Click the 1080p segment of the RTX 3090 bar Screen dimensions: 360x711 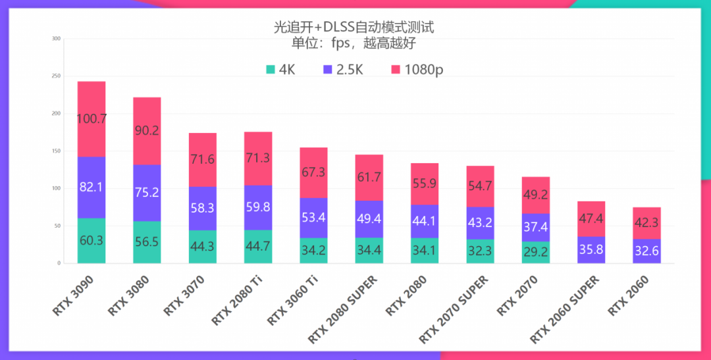tap(92, 119)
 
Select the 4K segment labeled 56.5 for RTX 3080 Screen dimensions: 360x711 tap(147, 242)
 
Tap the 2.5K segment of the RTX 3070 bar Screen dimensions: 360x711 tap(202, 207)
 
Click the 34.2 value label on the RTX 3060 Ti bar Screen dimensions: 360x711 tap(313, 251)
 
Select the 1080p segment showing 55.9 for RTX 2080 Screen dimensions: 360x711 tap(425, 184)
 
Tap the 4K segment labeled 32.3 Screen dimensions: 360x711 tap(480, 251)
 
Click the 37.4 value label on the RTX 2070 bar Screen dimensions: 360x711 tap(535, 227)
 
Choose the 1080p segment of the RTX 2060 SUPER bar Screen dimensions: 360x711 tap(591, 219)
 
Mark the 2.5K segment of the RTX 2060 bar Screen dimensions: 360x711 tap(646, 251)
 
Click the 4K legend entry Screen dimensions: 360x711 tap(280, 70)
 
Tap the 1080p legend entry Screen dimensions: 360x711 tap(416, 70)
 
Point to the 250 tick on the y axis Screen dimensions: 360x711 tap(56, 76)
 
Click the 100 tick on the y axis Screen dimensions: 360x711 tap(56, 188)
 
